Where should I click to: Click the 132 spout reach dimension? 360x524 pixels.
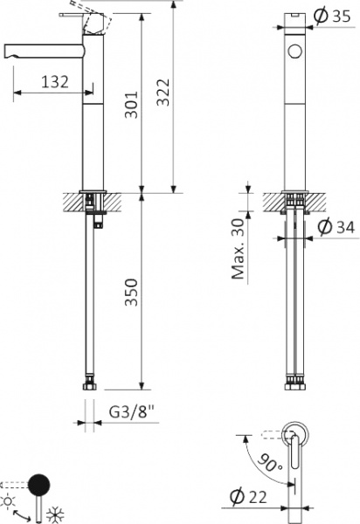click(55, 81)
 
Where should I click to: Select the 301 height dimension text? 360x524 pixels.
click(131, 104)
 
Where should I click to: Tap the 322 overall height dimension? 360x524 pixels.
click(163, 93)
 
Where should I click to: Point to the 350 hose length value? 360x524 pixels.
click(131, 292)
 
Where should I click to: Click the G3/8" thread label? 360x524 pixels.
click(133, 412)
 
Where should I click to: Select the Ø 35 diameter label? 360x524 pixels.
click(332, 16)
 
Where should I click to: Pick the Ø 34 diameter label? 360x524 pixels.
click(336, 227)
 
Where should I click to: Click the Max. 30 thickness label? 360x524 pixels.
click(239, 249)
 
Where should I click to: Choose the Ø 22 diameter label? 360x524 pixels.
click(248, 497)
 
